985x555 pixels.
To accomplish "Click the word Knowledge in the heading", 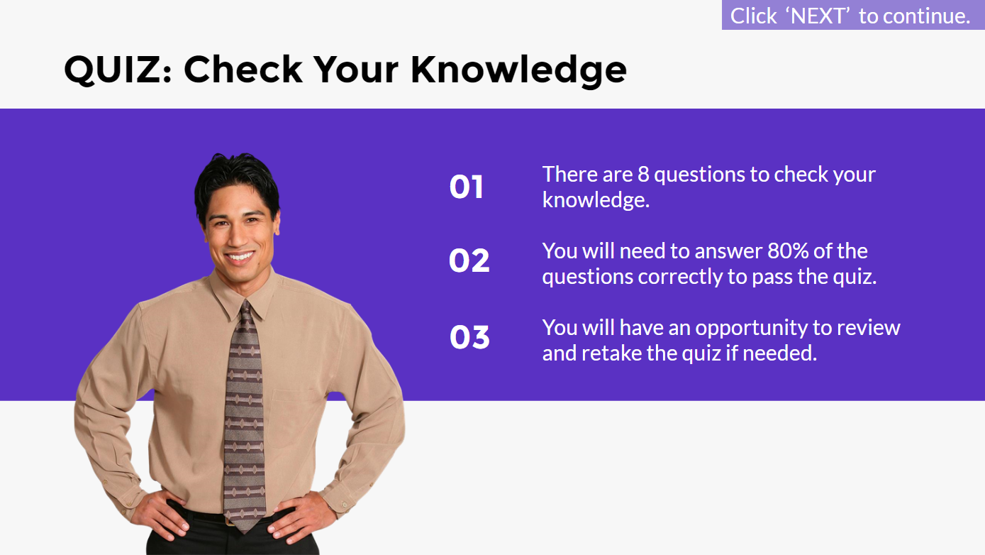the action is [x=518, y=70].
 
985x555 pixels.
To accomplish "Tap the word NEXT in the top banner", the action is [x=818, y=16].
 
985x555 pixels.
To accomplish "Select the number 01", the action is [x=466, y=187].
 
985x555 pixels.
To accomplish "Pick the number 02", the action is [x=469, y=260].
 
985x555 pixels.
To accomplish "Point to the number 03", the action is [x=469, y=338].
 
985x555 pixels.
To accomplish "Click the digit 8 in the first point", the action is [x=643, y=175].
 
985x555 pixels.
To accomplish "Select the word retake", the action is [x=611, y=353].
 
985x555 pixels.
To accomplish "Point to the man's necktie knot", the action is [x=246, y=309].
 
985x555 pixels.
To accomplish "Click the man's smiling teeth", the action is [x=240, y=255].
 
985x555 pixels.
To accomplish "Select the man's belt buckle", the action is [x=230, y=522].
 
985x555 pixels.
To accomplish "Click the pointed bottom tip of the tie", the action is [x=245, y=532].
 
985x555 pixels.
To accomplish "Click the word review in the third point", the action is [x=869, y=328].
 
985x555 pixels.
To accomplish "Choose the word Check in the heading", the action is [x=243, y=70].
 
